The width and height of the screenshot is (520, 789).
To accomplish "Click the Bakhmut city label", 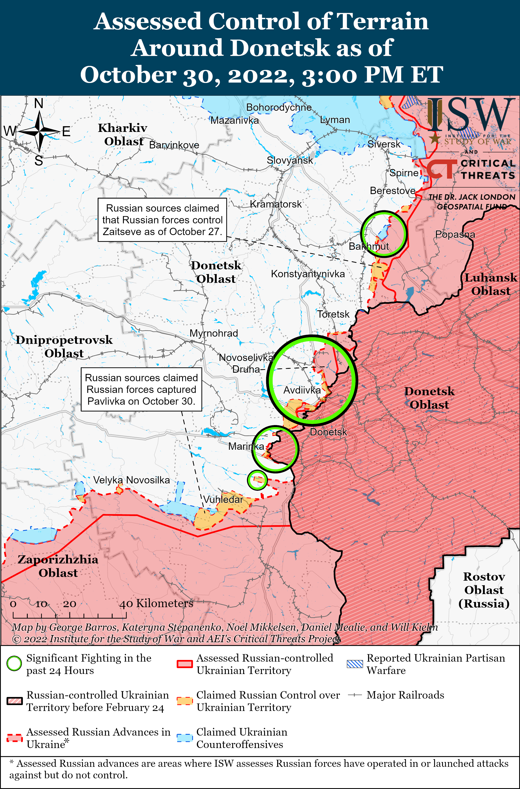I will (x=368, y=246).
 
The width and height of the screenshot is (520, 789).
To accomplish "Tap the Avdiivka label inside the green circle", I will (x=302, y=390).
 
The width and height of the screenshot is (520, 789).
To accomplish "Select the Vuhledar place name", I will (x=223, y=499).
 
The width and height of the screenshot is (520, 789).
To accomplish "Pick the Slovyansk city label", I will (x=290, y=160).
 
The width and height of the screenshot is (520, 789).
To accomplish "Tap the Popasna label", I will (x=455, y=234).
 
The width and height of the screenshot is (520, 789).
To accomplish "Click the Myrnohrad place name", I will (x=214, y=333).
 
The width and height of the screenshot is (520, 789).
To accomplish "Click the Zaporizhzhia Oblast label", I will (x=58, y=566).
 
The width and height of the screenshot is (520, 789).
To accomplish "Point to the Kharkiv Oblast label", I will (x=123, y=134).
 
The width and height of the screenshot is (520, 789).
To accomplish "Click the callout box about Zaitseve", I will (x=162, y=220).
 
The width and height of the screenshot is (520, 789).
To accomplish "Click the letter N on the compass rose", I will (x=39, y=104).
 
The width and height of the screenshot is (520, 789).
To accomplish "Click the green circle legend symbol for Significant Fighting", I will (x=14, y=664).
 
